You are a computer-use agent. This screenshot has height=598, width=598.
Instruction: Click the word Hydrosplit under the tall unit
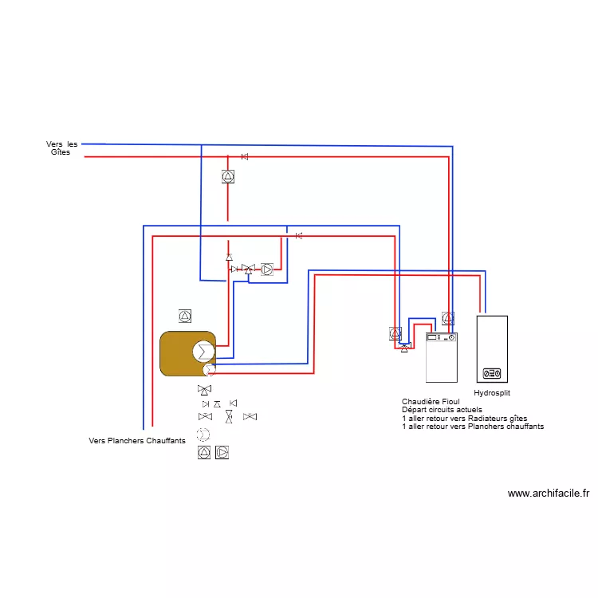point(492,393)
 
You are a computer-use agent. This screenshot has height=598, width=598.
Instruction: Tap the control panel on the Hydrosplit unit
point(491,373)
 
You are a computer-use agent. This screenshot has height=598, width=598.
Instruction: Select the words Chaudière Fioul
point(431,401)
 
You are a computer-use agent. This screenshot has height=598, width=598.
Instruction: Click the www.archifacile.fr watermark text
point(549,494)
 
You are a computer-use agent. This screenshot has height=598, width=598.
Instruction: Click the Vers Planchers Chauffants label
point(137,440)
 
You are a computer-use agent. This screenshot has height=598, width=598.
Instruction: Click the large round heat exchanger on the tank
point(203,352)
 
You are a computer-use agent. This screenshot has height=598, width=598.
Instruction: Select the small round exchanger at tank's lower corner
point(208,369)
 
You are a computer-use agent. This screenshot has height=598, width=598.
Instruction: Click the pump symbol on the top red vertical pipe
point(228,177)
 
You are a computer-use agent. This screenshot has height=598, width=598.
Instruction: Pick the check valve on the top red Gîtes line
point(245,156)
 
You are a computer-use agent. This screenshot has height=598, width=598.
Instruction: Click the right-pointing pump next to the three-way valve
point(266,269)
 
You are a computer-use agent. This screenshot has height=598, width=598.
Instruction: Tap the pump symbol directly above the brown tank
point(185,317)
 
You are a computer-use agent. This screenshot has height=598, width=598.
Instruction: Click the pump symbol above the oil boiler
point(448,317)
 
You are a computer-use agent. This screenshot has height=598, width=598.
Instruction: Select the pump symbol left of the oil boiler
point(395,333)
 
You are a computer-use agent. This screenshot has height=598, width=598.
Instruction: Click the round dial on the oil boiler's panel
point(452,338)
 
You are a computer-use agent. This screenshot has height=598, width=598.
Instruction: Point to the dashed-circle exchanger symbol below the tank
point(204,435)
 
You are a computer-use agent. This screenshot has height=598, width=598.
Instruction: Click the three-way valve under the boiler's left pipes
point(404,347)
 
